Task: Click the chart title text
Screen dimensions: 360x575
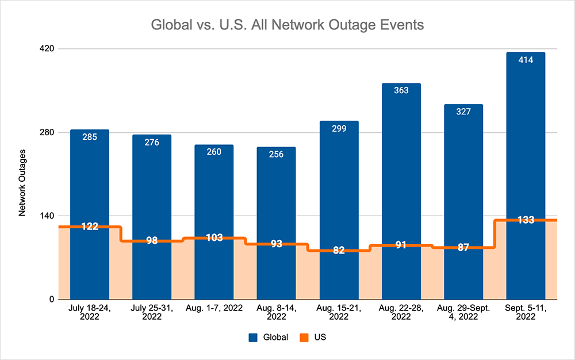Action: [x=287, y=25]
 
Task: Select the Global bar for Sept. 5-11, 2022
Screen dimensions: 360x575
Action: [x=526, y=144]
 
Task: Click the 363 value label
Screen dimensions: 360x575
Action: [x=401, y=90]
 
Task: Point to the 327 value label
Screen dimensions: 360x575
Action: [x=463, y=112]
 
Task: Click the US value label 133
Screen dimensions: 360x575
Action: [x=526, y=220]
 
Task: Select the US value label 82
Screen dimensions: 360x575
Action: [x=339, y=250]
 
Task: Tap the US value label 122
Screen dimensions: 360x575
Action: [x=89, y=227]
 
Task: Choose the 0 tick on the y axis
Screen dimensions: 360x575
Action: [x=51, y=300]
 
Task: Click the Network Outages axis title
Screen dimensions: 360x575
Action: [x=22, y=182]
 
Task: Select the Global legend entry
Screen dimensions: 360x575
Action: [x=268, y=338]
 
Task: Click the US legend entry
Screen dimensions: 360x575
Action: [x=314, y=338]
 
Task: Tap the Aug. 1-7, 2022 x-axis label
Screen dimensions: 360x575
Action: [x=214, y=309]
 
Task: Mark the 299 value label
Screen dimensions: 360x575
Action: [x=339, y=128]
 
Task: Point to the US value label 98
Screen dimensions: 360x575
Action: [x=152, y=240]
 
